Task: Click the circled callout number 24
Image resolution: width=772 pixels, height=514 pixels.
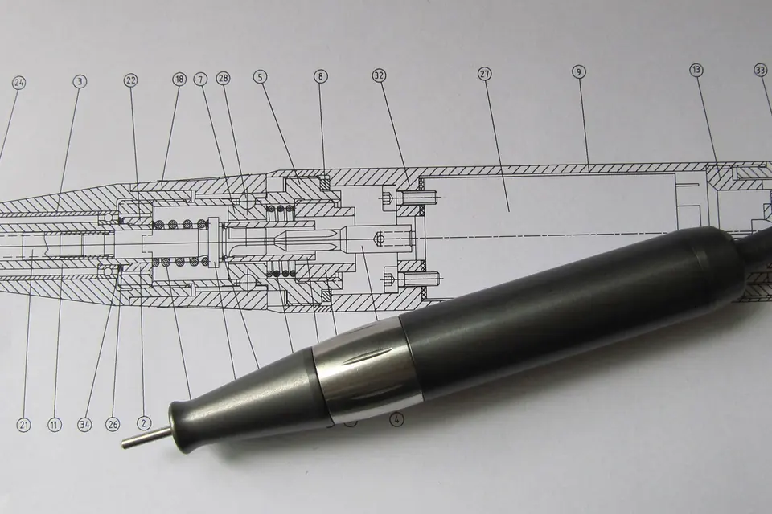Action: click(18, 83)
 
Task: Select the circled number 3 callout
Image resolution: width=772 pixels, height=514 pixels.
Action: click(80, 82)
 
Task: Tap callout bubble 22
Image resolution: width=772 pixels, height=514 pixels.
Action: click(130, 80)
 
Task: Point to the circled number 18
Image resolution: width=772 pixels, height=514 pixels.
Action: click(179, 80)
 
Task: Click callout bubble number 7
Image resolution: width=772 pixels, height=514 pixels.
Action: click(200, 79)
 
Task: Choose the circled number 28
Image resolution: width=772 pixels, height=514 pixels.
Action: click(224, 78)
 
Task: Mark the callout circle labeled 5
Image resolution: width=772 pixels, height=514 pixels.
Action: click(261, 77)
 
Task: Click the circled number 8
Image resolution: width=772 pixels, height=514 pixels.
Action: click(320, 76)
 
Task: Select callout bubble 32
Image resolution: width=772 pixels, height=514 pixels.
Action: click(379, 75)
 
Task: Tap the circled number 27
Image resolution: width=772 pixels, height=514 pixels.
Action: click(484, 74)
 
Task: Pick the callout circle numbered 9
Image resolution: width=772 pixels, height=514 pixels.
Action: click(579, 72)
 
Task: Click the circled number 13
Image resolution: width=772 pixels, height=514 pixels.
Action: click(696, 71)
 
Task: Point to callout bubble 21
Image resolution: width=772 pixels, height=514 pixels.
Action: click(23, 425)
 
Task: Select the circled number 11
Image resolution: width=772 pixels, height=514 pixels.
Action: click(55, 425)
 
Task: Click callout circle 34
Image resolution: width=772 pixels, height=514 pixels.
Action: click(85, 425)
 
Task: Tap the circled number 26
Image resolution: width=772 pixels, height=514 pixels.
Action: click(113, 424)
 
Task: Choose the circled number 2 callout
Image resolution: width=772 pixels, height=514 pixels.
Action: click(144, 422)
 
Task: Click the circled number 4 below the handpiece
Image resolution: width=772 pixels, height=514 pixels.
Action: click(396, 419)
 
